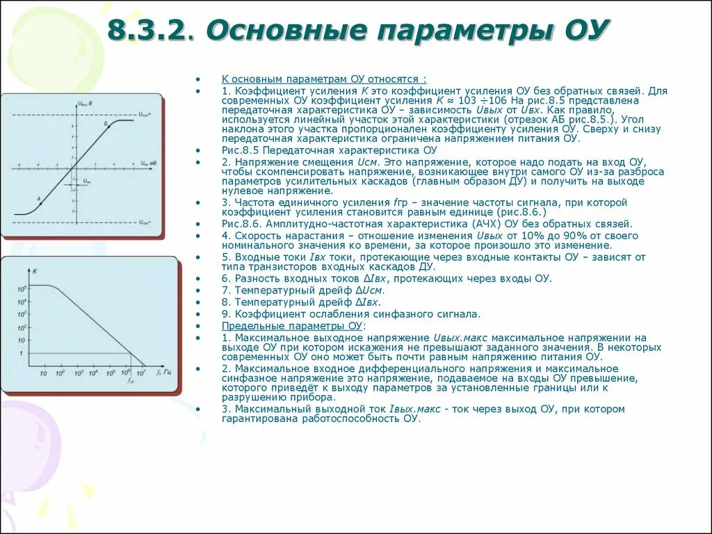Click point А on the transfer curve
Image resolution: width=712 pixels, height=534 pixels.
[x=38, y=200]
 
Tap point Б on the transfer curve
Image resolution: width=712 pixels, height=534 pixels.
[x=106, y=124]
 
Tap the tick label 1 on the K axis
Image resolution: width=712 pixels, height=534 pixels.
[x=22, y=354]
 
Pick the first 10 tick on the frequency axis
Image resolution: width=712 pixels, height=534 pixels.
[x=43, y=373]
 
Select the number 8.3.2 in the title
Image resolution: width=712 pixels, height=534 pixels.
[x=148, y=31]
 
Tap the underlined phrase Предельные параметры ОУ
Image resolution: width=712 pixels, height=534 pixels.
[x=292, y=325]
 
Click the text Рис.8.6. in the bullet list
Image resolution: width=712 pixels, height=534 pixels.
[x=241, y=224]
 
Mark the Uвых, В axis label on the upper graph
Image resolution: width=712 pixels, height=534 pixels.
[x=86, y=104]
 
